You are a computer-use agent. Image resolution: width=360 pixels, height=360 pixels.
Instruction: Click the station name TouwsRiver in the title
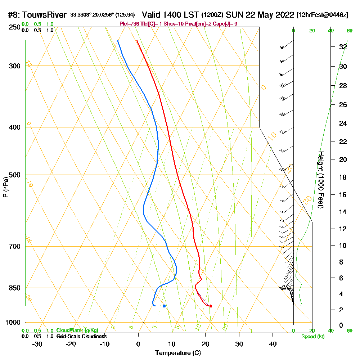click(44, 15)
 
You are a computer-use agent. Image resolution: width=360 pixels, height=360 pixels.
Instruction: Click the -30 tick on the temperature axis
click(37, 344)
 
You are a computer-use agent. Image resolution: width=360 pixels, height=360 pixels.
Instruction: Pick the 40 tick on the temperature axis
click(273, 344)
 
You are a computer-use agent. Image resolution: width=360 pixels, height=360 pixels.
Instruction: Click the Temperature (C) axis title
click(178, 353)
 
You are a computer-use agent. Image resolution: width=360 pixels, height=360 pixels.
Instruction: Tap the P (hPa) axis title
click(5, 187)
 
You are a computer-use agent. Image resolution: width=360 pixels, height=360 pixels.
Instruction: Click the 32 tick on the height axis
click(343, 47)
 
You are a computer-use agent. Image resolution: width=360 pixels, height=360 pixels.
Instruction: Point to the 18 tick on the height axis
click(343, 177)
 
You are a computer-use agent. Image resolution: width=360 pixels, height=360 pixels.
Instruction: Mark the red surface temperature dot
click(211, 306)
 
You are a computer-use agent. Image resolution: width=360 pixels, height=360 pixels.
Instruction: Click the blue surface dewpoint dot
click(164, 306)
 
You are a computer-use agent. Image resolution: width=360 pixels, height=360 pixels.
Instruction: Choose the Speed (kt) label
click(312, 336)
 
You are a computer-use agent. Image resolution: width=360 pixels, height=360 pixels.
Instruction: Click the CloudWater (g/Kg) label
click(77, 330)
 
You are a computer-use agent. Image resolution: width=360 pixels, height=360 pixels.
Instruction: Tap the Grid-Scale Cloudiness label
click(81, 336)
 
